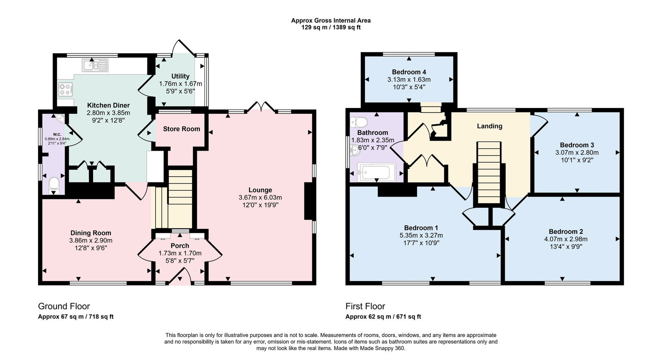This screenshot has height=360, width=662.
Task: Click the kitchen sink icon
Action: (x=95, y=65)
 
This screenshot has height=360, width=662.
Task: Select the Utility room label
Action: (x=180, y=76)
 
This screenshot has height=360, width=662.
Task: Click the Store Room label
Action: (x=181, y=129)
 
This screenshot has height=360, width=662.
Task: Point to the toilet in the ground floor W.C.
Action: (x=54, y=185)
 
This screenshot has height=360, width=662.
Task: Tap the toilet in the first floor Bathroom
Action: (x=358, y=122)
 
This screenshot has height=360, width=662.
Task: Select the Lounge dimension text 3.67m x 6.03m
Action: (x=260, y=197)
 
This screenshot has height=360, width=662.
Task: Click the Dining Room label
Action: (x=91, y=233)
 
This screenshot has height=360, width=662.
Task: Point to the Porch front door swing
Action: (x=181, y=276)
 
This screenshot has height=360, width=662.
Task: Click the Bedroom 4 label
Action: (x=409, y=72)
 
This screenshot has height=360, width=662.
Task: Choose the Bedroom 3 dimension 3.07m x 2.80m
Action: (x=577, y=152)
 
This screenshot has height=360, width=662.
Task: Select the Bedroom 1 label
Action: (x=421, y=228)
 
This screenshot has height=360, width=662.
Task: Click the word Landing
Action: (x=489, y=126)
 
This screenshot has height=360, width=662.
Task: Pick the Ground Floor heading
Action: (x=64, y=306)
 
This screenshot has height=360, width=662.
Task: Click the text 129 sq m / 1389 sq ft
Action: (x=331, y=27)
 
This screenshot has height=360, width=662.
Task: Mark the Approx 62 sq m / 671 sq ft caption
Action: (x=383, y=317)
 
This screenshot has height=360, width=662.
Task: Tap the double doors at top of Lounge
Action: (x=261, y=107)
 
